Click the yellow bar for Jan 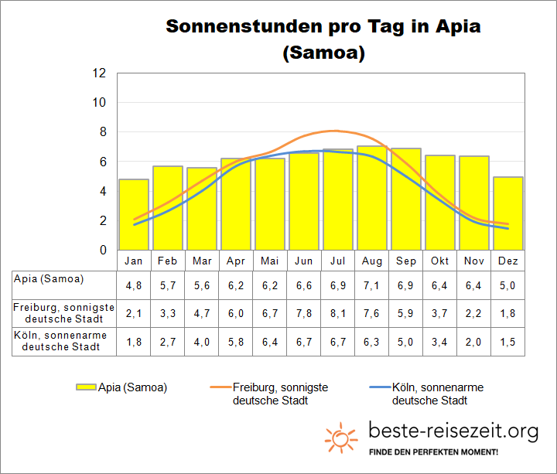pyautogui.click(x=133, y=214)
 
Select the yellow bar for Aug pyautogui.click(x=371, y=197)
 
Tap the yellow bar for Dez pyautogui.click(x=507, y=213)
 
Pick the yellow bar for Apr pyautogui.click(x=235, y=204)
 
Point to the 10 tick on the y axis pyautogui.click(x=98, y=102)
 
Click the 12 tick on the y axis pyautogui.click(x=98, y=73)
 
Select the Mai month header pyautogui.click(x=270, y=261)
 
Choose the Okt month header pyautogui.click(x=440, y=261)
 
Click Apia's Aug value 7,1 pyautogui.click(x=371, y=285)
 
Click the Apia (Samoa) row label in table pyautogui.click(x=49, y=278)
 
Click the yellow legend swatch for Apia pyautogui.click(x=86, y=387)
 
